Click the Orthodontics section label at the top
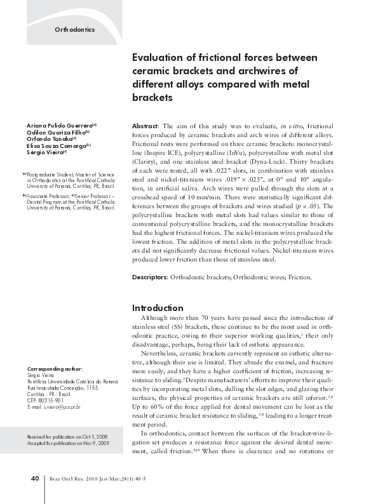point(74,30)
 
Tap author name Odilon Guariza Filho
point(55,133)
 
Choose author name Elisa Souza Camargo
point(55,145)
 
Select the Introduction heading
point(158,307)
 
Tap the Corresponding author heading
point(55,369)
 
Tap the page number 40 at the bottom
point(36,478)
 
